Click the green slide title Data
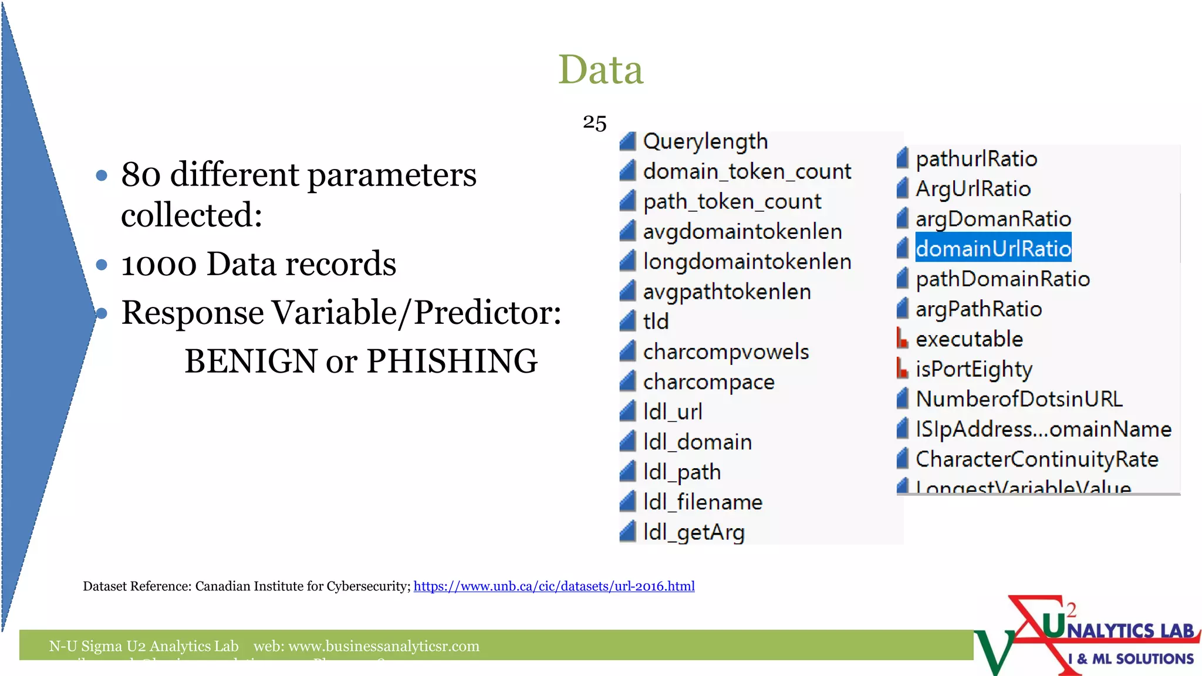coord(600,70)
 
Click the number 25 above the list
coord(594,123)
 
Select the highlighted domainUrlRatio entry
coord(993,249)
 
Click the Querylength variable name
coord(705,141)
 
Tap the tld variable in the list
coord(656,322)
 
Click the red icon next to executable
coord(902,338)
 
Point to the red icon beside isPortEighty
coord(902,369)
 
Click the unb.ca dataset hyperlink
coord(553,586)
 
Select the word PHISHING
coord(452,361)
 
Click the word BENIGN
coord(251,361)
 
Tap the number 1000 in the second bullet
coord(158,264)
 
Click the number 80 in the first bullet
coord(141,175)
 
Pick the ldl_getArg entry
coord(694,532)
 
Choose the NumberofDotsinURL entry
coord(1019,399)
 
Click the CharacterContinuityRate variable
coord(1036,459)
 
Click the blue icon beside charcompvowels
coord(628,351)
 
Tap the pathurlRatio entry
coord(976,159)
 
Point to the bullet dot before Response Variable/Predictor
coord(102,313)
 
